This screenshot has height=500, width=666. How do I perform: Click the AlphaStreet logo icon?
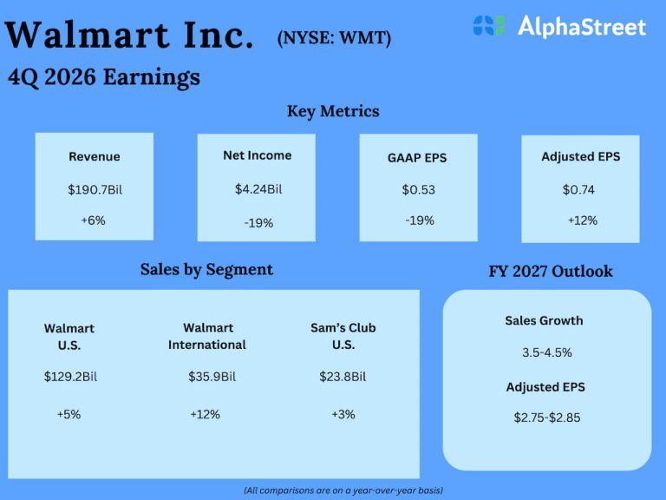coord(489,26)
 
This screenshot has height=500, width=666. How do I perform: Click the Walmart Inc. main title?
coord(129,36)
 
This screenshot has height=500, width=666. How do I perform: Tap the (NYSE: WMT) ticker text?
coord(334,38)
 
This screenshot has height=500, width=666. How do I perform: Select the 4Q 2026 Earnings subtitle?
coord(103,77)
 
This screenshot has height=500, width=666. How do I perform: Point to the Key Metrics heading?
coord(333,111)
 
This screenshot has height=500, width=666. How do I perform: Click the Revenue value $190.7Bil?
coord(95,189)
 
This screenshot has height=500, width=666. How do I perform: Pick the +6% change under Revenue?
coord(94,220)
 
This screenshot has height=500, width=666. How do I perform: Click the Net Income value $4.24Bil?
coord(258,188)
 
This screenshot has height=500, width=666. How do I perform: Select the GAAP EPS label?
coord(418,158)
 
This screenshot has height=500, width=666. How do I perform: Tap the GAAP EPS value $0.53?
coord(418,189)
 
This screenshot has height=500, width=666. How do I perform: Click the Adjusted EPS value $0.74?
coord(578,189)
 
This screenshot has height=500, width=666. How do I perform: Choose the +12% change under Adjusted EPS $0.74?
coord(582,220)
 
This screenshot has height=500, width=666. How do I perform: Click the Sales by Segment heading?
coord(206,269)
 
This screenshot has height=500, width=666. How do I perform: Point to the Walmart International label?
coord(206,336)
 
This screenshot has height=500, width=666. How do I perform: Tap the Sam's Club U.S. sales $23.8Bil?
coord(343,377)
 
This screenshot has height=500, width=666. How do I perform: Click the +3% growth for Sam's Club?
coord(343,414)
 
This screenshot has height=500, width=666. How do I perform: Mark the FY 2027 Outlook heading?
coord(551,271)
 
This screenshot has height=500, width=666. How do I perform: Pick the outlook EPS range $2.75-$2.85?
coord(546,418)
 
